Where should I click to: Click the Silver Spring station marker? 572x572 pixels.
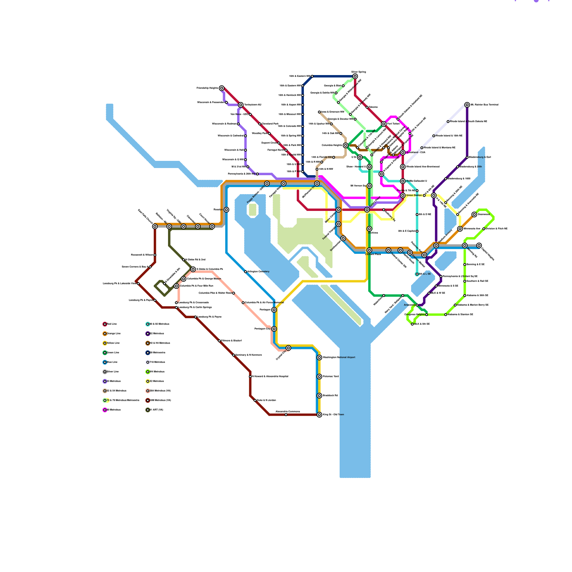click(x=355, y=77)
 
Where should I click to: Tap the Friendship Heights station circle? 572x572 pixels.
click(x=222, y=88)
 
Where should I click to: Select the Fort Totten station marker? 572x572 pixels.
click(x=384, y=124)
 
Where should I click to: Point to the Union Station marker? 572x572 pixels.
click(x=403, y=196)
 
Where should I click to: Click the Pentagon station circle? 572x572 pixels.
click(x=274, y=310)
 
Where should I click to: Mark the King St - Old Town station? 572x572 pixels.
click(x=319, y=415)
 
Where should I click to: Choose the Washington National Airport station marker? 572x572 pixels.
click(x=319, y=357)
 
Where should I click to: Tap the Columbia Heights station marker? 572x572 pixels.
click(x=345, y=146)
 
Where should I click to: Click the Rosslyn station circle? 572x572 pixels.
click(x=226, y=210)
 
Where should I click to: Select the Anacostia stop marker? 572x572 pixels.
click(x=417, y=305)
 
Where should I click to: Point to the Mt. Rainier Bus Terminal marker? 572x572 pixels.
click(x=467, y=105)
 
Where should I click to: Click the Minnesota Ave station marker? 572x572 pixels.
click(x=460, y=229)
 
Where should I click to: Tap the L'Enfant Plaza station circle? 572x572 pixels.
click(x=369, y=250)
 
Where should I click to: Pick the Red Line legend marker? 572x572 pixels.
click(x=105, y=324)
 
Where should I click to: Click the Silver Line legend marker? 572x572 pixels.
click(x=105, y=372)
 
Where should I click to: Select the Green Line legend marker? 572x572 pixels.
click(x=105, y=353)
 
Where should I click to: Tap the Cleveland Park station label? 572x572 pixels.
click(x=270, y=124)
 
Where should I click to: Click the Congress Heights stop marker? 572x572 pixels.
click(x=426, y=315)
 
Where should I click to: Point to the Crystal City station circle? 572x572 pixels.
click(x=289, y=348)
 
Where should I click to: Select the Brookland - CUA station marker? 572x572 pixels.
click(x=403, y=153)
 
